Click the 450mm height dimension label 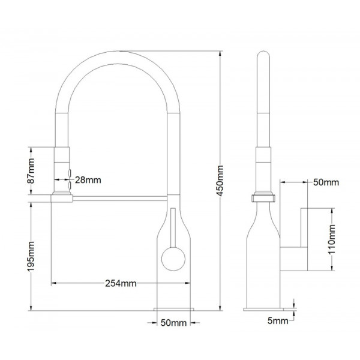tap(220, 181)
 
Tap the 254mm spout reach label tap(121, 283)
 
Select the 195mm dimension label tap(31, 256)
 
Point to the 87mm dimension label tap(31, 171)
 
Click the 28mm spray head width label tap(88, 180)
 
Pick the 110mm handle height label tap(332, 239)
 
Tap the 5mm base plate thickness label tap(278, 321)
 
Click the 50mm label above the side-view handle tap(326, 182)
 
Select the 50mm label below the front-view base tap(173, 323)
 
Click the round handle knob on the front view tap(173, 259)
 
